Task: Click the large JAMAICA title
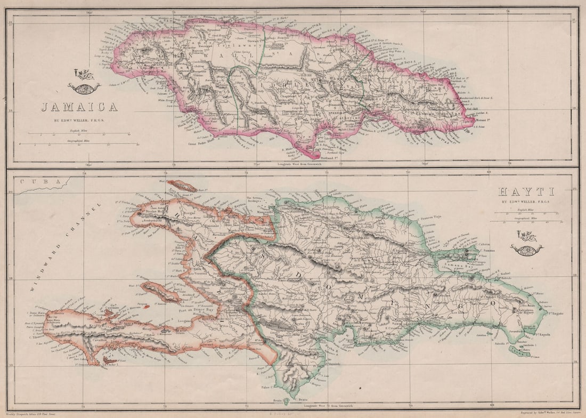79,107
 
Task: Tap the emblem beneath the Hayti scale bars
526,243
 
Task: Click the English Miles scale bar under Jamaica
79,133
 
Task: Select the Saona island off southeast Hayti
516,350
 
